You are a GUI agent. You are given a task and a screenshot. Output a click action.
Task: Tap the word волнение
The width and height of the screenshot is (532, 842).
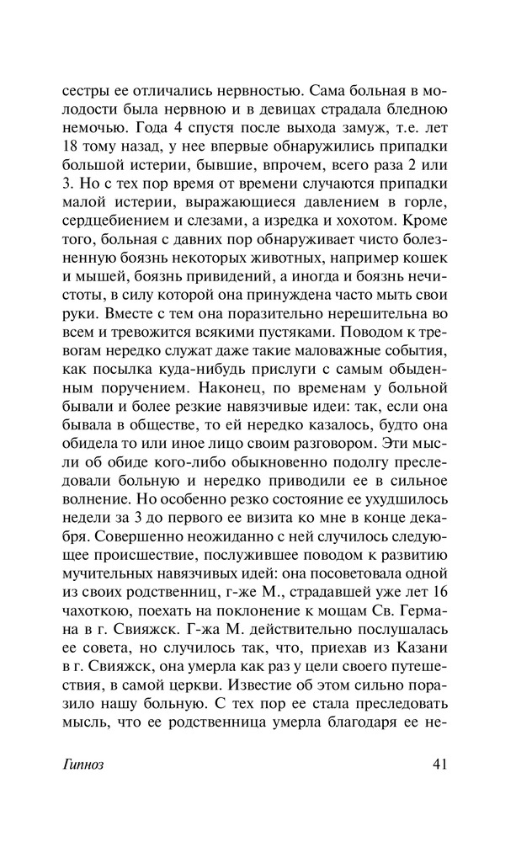tap(94, 514)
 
